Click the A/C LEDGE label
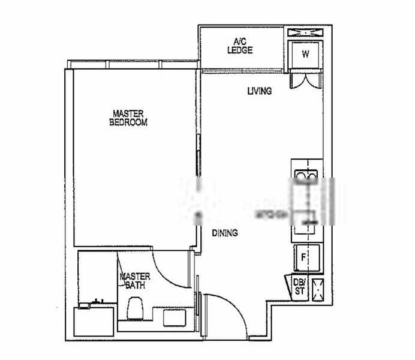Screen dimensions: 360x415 pyautogui.click(x=239, y=46)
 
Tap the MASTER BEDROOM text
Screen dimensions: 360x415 pyautogui.click(x=128, y=118)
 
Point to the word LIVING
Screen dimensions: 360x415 pyautogui.click(x=260, y=92)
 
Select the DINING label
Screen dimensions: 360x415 pyautogui.click(x=225, y=233)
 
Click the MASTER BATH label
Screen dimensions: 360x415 pyautogui.click(x=134, y=281)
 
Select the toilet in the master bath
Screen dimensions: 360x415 pyautogui.click(x=136, y=310)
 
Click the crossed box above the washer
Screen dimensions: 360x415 pyautogui.click(x=305, y=34)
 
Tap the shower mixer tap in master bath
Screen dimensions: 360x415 pyautogui.click(x=96, y=301)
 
